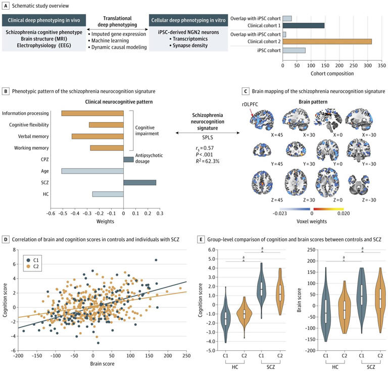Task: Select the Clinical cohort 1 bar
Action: point(303,25)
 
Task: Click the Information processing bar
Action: point(92,113)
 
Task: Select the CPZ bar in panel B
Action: point(128,159)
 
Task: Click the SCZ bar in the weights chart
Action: point(139,182)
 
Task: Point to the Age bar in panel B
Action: point(92,171)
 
